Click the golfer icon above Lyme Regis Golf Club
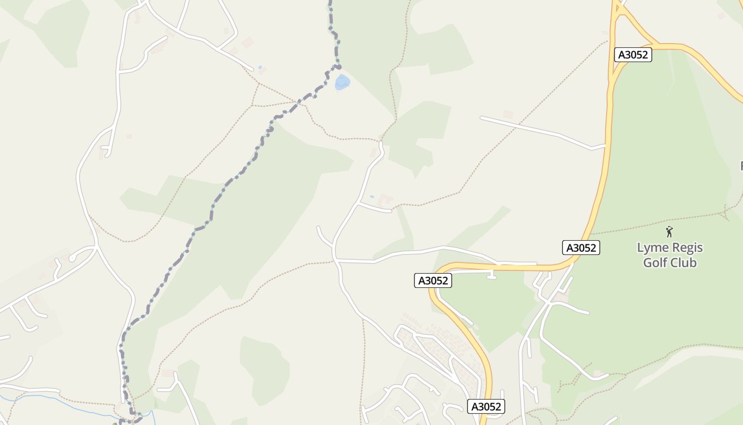[669, 232]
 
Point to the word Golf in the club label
[655, 262]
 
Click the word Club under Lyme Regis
[684, 262]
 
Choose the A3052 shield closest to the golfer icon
[581, 248]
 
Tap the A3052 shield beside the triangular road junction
[633, 55]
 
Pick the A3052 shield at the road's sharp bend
[433, 281]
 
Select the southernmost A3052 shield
[486, 407]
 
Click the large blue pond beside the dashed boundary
[342, 82]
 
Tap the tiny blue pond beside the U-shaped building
[371, 197]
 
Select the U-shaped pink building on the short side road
[385, 200]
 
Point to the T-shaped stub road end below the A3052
[491, 276]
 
